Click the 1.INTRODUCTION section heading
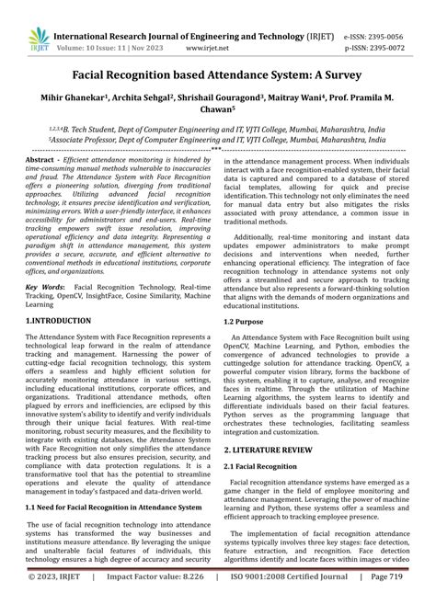coord(58,321)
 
